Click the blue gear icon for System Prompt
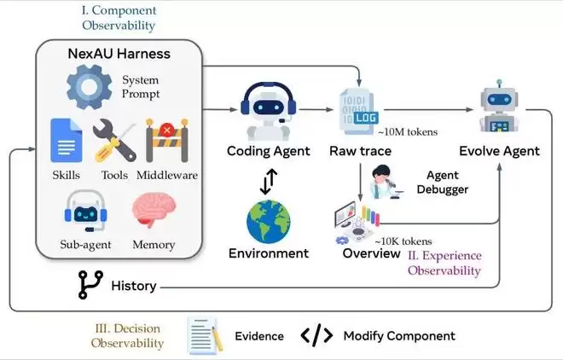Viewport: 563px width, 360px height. pyautogui.click(x=89, y=87)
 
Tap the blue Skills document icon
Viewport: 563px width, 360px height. pyautogui.click(x=67, y=141)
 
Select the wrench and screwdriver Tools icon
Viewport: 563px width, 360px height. pyautogui.click(x=114, y=141)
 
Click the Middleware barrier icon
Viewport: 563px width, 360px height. pyautogui.click(x=167, y=141)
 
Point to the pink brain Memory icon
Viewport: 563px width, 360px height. pyautogui.click(x=154, y=210)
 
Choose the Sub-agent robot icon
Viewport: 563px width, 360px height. pyautogui.click(x=85, y=211)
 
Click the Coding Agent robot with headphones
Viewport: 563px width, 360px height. pyautogui.click(x=268, y=111)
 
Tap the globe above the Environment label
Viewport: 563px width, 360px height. pyautogui.click(x=268, y=222)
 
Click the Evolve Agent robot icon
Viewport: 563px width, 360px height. pyautogui.click(x=499, y=107)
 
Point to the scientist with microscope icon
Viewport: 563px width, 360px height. pyautogui.click(x=386, y=182)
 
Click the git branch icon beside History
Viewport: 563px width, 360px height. pyautogui.click(x=90, y=285)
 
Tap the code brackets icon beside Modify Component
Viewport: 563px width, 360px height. pyautogui.click(x=316, y=335)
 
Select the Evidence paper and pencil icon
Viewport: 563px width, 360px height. pyautogui.click(x=206, y=335)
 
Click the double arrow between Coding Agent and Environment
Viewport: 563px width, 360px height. pyautogui.click(x=269, y=181)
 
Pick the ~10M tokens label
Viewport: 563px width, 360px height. pyautogui.click(x=408, y=132)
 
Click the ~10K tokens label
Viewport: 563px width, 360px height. pyautogui.click(x=403, y=241)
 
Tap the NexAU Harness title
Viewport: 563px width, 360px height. pyautogui.click(x=119, y=54)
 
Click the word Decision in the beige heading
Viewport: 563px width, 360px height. pyautogui.click(x=136, y=328)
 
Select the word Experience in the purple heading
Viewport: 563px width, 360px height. pyautogui.click(x=452, y=256)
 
